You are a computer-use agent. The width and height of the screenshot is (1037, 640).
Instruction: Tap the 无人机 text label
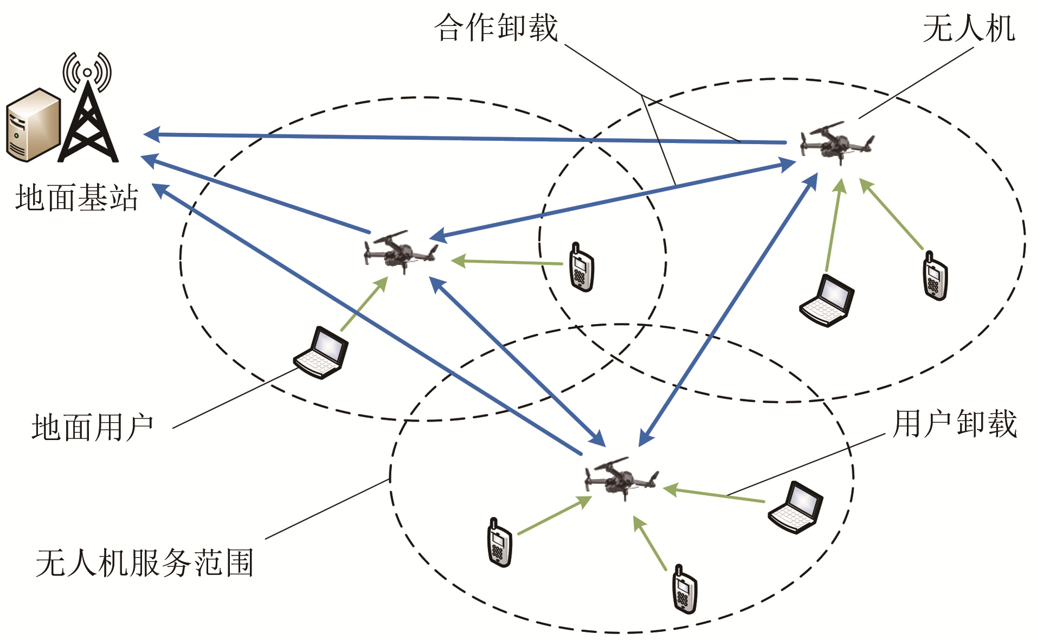tap(968, 28)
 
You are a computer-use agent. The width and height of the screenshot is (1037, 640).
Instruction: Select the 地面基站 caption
tap(77, 198)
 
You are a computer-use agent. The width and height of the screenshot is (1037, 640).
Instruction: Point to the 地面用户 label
tap(93, 428)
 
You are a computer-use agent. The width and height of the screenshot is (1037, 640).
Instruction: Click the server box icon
tap(33, 125)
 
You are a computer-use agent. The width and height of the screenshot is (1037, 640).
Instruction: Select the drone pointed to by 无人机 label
tap(836, 143)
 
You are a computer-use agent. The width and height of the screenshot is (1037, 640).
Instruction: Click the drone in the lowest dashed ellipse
tap(621, 477)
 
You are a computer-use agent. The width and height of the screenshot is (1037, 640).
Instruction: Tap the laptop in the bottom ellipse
tap(796, 507)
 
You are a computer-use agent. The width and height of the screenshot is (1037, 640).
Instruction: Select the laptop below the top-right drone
tap(827, 300)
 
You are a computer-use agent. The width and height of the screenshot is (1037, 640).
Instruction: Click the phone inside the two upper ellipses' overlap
tap(581, 268)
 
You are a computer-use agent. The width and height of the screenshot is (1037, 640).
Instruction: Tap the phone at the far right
tap(935, 276)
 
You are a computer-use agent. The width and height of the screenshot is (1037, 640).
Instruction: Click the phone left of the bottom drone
tap(499, 542)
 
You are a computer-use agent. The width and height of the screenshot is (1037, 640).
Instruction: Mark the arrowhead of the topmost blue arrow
tap(152, 134)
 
